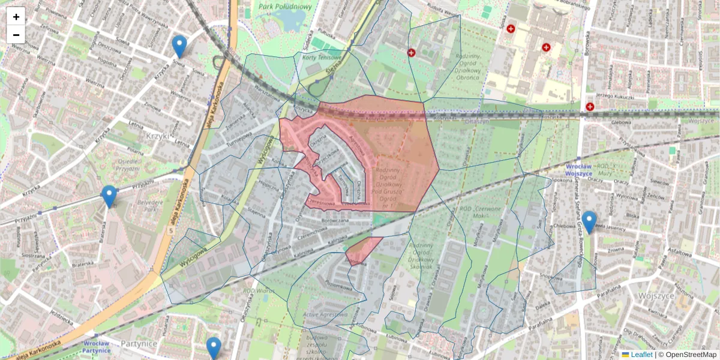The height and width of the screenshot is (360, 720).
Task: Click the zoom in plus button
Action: [16, 17]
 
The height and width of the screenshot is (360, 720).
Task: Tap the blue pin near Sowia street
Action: [179, 46]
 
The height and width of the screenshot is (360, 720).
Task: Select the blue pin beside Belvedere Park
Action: [109, 196]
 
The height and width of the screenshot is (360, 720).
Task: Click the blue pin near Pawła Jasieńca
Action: [589, 221]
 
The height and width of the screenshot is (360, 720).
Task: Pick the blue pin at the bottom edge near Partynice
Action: [214, 347]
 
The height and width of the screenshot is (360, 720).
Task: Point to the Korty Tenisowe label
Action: [322, 57]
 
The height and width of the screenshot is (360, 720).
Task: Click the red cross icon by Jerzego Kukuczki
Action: [590, 107]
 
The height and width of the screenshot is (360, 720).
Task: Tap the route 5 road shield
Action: [171, 230]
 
